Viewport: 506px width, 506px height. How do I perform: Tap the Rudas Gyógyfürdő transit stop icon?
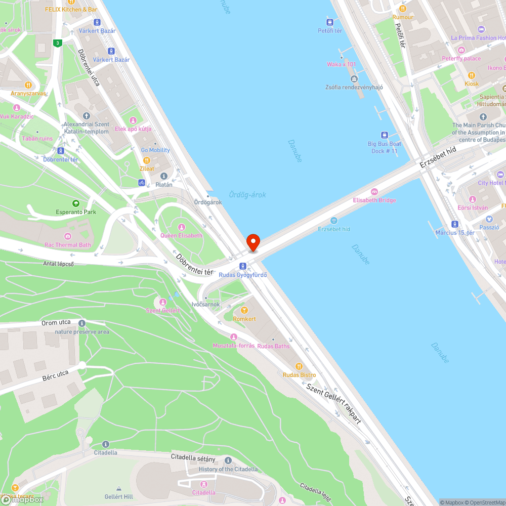[243, 266]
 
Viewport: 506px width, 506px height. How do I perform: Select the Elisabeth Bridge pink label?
[374, 200]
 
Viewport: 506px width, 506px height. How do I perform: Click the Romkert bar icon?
[244, 310]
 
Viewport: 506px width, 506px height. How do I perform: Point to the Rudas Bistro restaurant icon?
[299, 366]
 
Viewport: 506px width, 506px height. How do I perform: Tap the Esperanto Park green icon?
[76, 203]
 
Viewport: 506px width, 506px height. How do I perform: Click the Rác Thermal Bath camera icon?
[67, 236]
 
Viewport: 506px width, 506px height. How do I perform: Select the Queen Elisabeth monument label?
[181, 235]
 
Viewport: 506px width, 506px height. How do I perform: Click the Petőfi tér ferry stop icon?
[330, 22]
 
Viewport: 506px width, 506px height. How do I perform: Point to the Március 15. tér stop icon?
[455, 224]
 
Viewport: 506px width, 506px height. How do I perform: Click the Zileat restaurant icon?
[147, 160]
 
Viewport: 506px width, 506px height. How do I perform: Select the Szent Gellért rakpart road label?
[333, 402]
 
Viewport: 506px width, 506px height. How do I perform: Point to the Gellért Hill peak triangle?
[118, 488]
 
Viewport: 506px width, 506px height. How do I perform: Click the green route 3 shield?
[58, 44]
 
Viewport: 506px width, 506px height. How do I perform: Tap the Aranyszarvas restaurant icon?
[28, 85]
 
